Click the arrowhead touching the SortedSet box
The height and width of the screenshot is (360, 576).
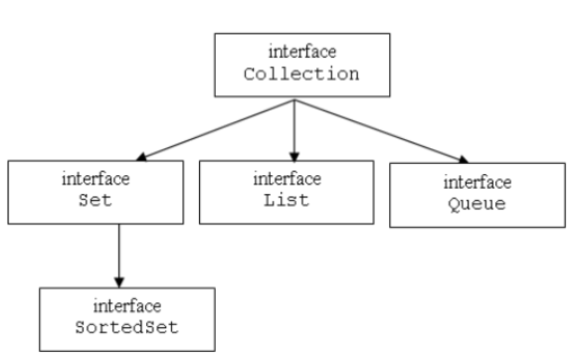tap(118, 279)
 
